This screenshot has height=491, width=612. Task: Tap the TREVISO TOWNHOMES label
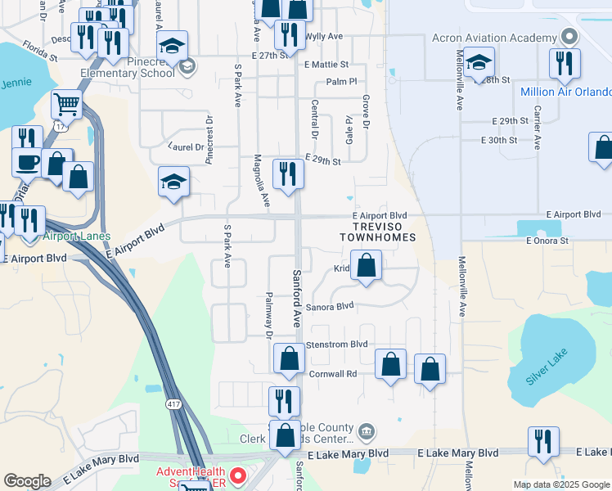(x=378, y=232)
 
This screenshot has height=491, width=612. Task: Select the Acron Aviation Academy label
(x=493, y=38)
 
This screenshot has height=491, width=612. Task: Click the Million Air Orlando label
(x=565, y=91)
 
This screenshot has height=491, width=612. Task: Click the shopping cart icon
(x=66, y=105)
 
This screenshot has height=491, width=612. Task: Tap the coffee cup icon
(x=27, y=160)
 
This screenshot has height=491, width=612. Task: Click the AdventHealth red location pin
(x=237, y=475)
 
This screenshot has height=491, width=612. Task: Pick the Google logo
(x=27, y=481)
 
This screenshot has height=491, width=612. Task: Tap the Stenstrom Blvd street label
(x=336, y=345)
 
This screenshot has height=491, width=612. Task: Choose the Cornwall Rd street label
(x=334, y=373)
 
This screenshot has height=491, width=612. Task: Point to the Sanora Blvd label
(x=331, y=306)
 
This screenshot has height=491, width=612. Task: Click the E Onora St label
(x=547, y=241)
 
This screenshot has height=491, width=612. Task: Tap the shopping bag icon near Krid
(x=367, y=265)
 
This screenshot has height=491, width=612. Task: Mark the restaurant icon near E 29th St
(x=288, y=173)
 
